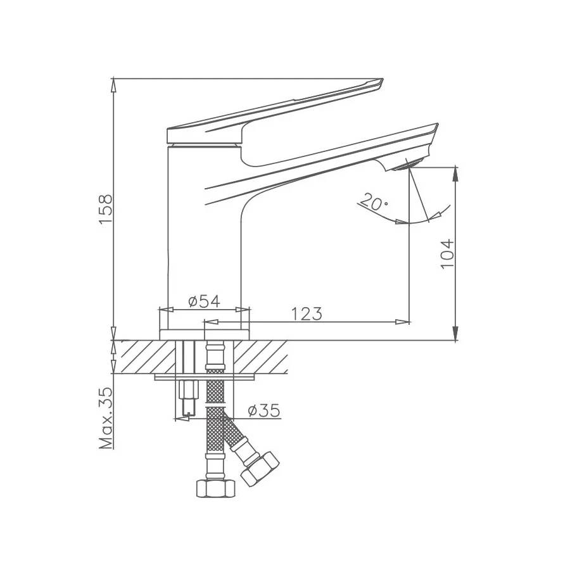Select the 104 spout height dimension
(x=447, y=253)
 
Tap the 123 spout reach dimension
(x=307, y=313)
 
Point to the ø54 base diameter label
(x=204, y=301)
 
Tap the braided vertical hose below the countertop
(x=215, y=431)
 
